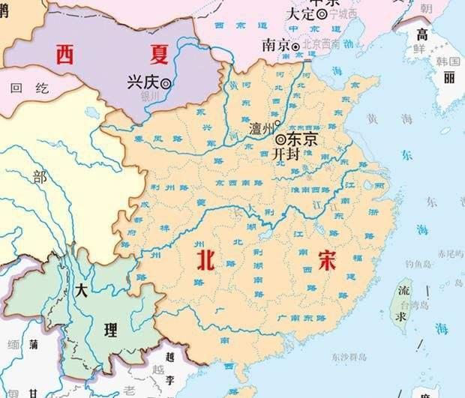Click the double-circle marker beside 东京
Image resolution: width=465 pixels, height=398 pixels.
280,139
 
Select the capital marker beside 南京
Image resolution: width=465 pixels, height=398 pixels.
296,46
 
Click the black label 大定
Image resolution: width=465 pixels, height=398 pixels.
301,14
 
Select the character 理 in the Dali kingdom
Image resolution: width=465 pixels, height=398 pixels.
111,330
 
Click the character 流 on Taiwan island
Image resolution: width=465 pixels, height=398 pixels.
403,289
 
